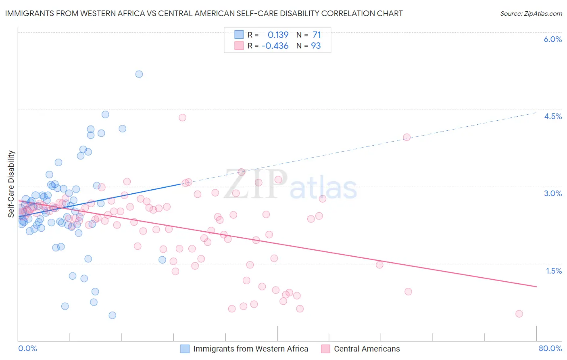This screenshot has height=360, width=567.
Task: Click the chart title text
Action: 204,14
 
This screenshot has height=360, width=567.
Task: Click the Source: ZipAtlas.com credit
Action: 531,14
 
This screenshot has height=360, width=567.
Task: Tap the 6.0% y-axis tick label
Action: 552,39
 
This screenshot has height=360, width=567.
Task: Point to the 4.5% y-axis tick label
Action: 552,116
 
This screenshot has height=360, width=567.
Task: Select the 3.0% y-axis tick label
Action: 552,193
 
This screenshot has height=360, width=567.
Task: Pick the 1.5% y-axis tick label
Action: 554,271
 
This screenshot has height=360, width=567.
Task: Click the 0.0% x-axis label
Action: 27,348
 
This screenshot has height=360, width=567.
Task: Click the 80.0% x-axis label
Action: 550,348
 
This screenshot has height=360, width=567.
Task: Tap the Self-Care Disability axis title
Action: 11,184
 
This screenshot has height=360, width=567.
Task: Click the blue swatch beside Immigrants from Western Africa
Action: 185,349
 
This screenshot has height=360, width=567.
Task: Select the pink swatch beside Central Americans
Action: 325,349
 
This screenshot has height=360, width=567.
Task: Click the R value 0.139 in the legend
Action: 278,35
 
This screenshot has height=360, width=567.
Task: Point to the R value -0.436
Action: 275,46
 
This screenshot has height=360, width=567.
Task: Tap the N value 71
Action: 317,35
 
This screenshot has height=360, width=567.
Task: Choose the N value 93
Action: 316,46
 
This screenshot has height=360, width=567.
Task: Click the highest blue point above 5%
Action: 139,74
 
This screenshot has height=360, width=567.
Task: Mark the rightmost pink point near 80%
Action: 519,314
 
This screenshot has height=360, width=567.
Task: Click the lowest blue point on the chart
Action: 113,315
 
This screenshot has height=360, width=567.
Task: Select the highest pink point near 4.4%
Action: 182,117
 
